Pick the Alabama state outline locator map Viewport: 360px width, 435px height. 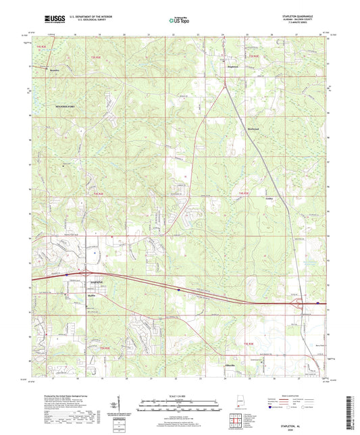(x=241, y=405)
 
